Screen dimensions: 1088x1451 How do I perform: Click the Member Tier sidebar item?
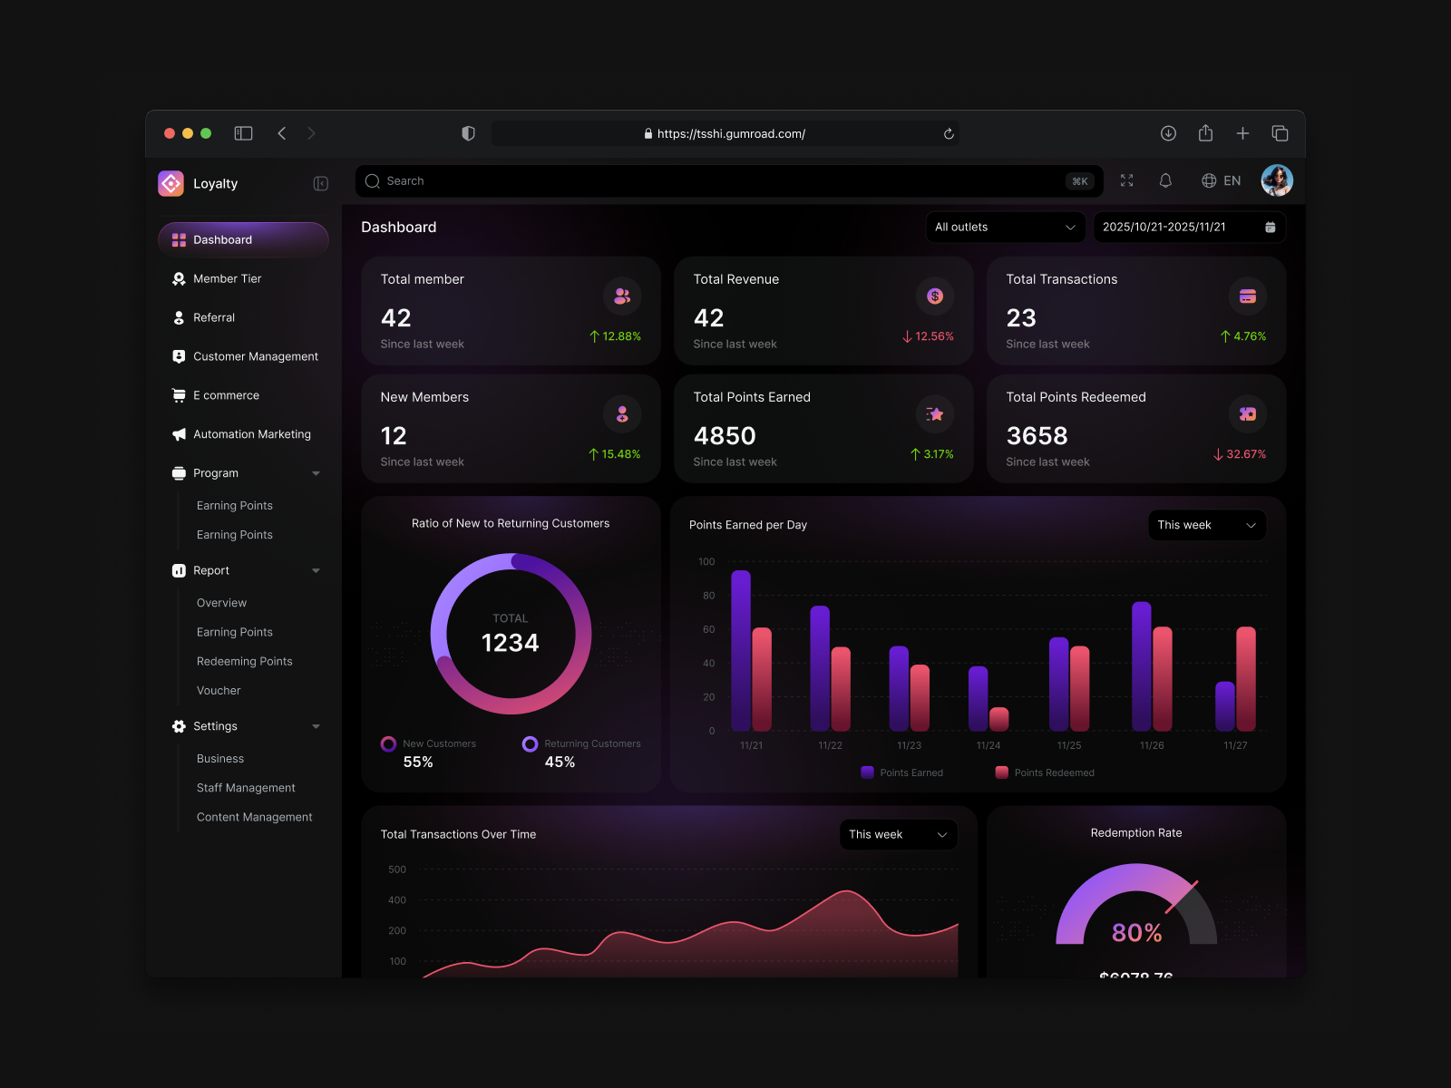227,279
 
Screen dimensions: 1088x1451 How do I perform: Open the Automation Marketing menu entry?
251,434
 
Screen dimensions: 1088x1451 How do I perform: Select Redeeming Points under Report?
244,662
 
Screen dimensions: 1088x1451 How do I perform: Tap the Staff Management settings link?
246,788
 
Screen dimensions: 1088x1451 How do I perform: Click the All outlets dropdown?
1004,228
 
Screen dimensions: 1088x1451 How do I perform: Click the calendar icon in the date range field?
1270,228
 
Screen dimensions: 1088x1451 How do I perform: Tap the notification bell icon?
1165,181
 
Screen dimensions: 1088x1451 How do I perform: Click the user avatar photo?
1276,181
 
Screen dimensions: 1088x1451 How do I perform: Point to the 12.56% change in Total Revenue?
929,336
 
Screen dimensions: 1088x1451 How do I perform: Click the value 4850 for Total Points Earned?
724,436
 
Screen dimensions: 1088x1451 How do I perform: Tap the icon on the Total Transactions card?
1247,296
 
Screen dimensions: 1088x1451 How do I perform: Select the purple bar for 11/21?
741,651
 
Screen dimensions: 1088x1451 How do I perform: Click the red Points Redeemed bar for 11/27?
1245,678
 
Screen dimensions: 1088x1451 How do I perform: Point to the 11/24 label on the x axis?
988,745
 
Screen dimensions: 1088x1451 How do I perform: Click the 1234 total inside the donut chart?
510,643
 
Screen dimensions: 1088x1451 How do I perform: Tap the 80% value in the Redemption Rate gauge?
1136,932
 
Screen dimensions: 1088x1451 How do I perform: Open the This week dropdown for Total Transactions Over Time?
898,835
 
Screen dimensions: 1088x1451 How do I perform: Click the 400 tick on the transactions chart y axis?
397,900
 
